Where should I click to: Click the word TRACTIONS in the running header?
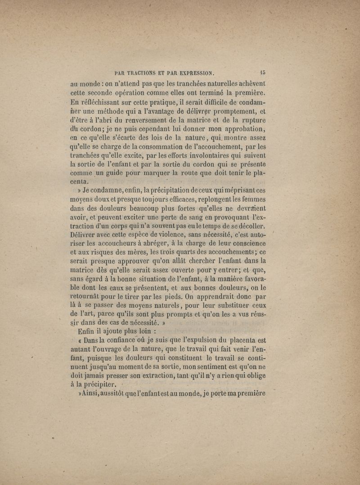[144, 72]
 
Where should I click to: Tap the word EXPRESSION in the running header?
[193, 72]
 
